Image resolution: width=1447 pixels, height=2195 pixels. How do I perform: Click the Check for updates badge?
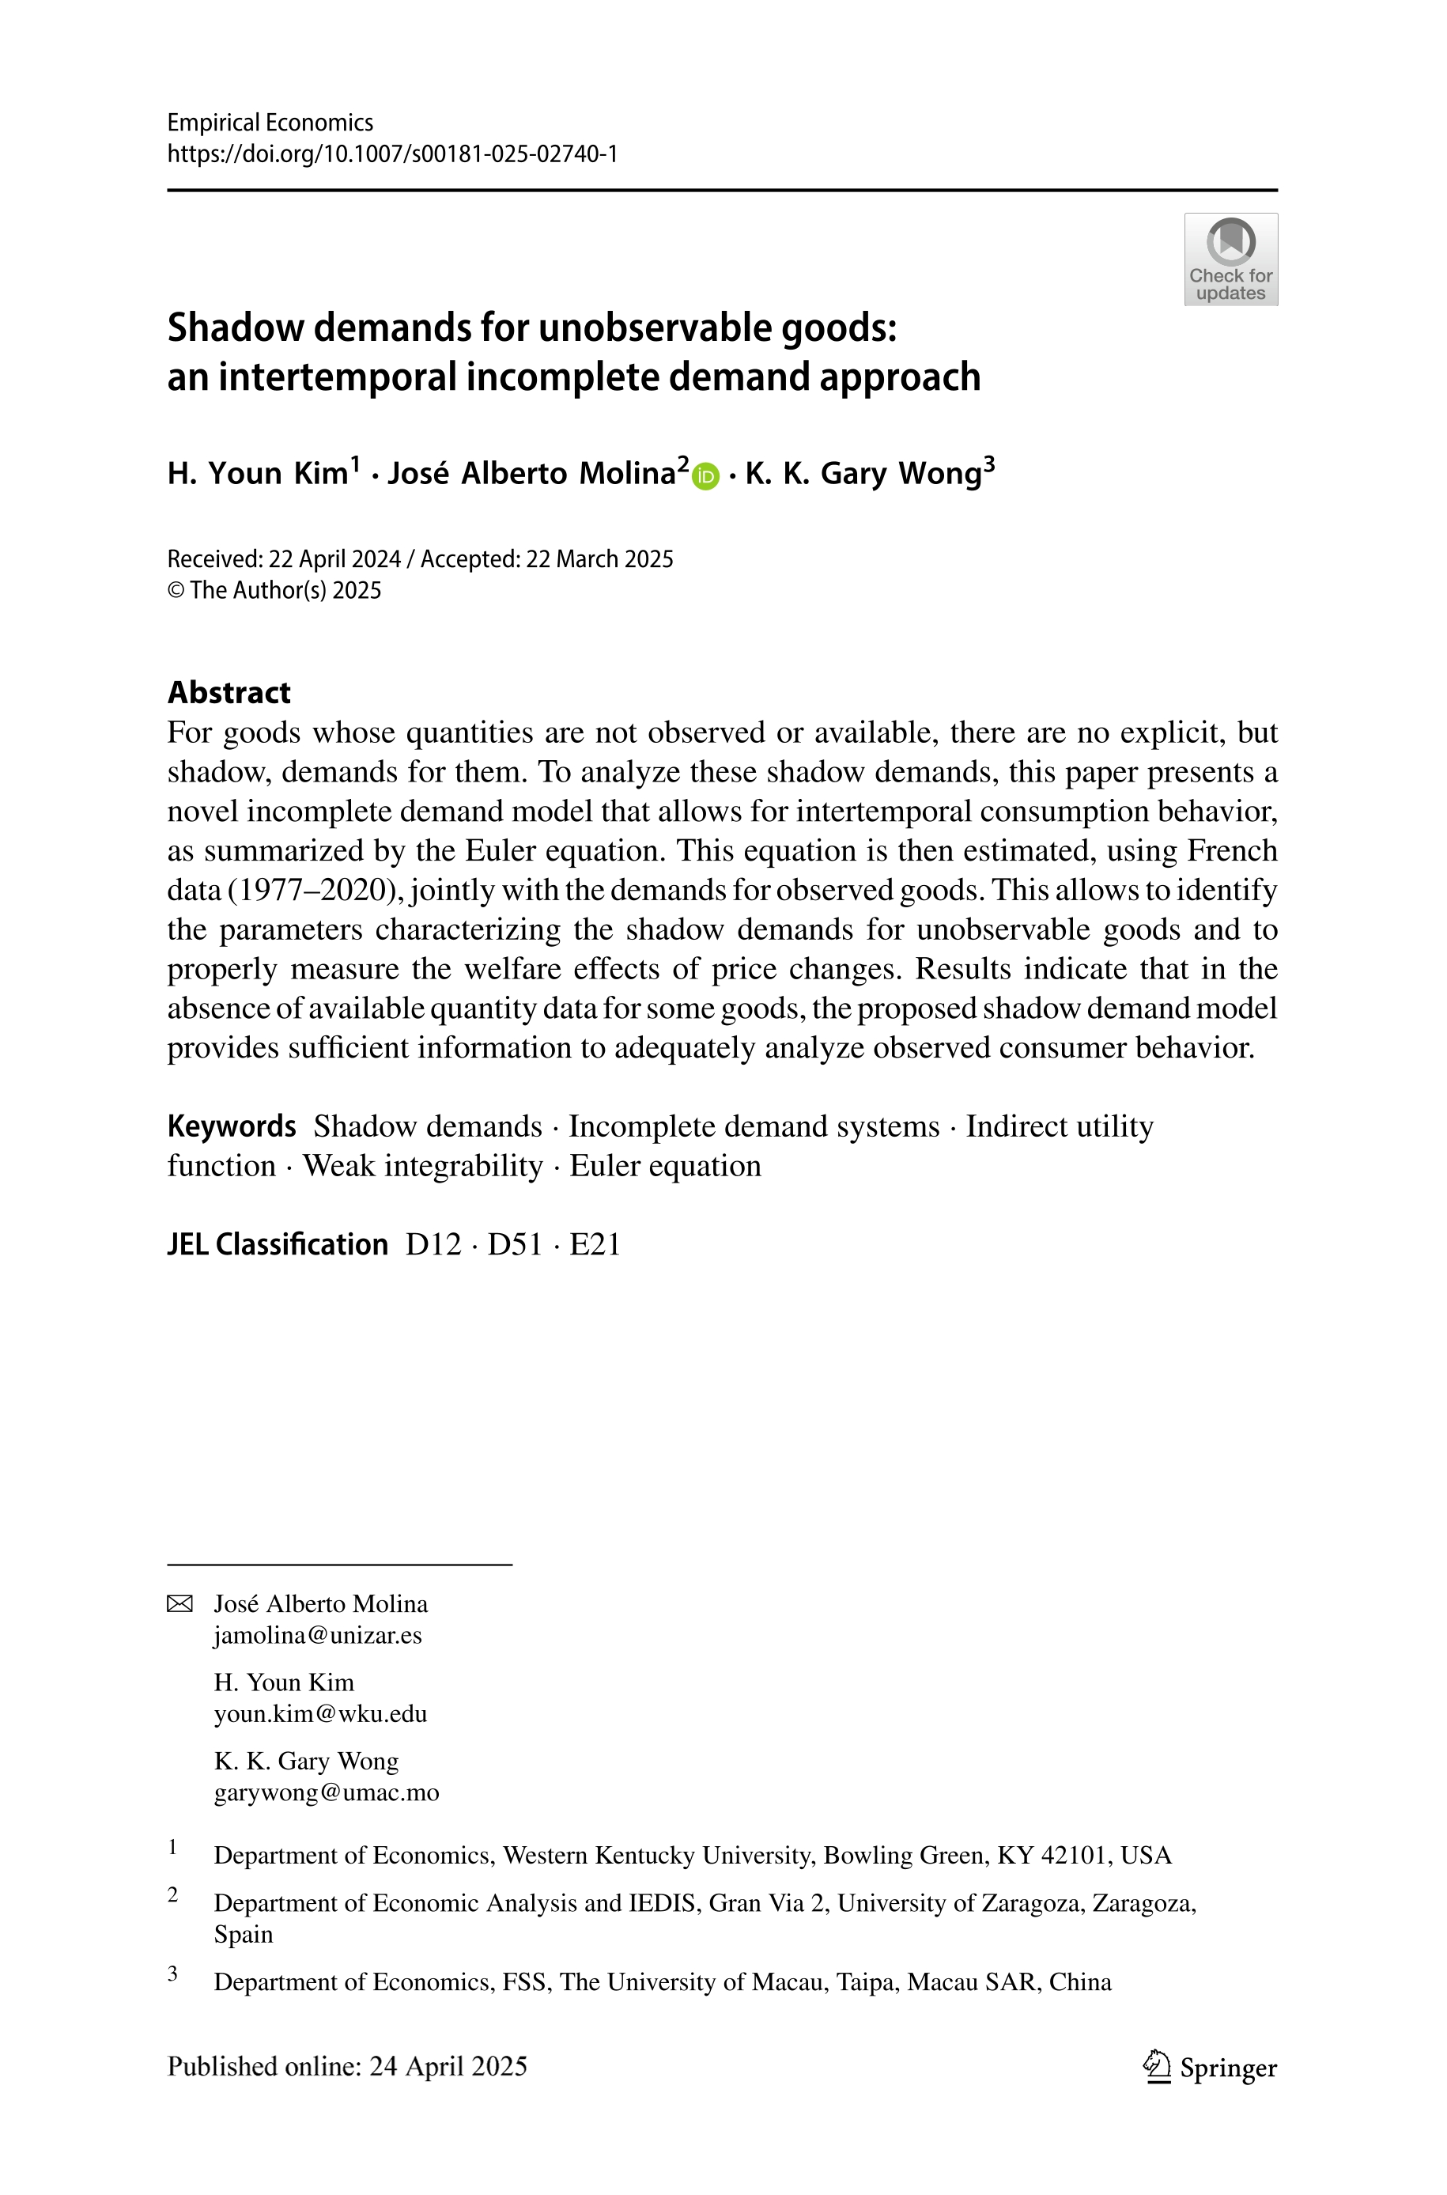(1230, 259)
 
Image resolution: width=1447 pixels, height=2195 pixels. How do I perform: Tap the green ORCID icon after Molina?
(706, 476)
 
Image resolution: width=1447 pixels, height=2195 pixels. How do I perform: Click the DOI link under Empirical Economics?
(392, 153)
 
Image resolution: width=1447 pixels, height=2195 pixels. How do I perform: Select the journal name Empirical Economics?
(270, 123)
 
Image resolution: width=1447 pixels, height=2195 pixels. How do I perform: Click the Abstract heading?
(229, 692)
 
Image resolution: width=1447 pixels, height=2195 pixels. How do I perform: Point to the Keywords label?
(232, 1126)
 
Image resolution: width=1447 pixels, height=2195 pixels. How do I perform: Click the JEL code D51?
(514, 1244)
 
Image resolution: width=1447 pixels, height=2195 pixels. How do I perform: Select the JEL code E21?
(595, 1244)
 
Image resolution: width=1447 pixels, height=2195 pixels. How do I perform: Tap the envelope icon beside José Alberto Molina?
(180, 1603)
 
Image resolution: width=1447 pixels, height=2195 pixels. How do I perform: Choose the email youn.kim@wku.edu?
(320, 1713)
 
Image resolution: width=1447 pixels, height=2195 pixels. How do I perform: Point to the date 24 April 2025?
(448, 2066)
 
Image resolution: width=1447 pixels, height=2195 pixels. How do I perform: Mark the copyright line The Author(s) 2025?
(274, 590)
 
